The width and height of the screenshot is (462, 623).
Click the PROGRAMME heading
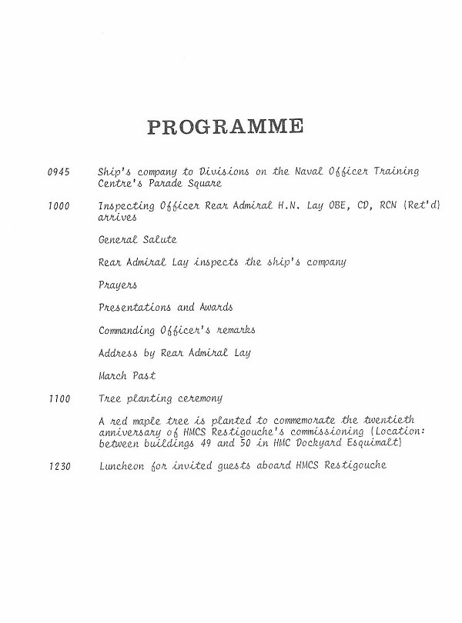point(225,126)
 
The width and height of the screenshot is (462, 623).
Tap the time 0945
point(59,171)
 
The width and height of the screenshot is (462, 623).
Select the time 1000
point(59,205)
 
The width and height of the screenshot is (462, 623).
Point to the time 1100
point(59,398)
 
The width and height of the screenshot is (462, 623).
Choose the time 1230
point(59,467)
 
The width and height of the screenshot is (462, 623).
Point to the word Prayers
point(118,285)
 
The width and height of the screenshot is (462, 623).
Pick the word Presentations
point(135,308)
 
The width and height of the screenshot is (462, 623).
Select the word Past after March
point(144,376)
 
